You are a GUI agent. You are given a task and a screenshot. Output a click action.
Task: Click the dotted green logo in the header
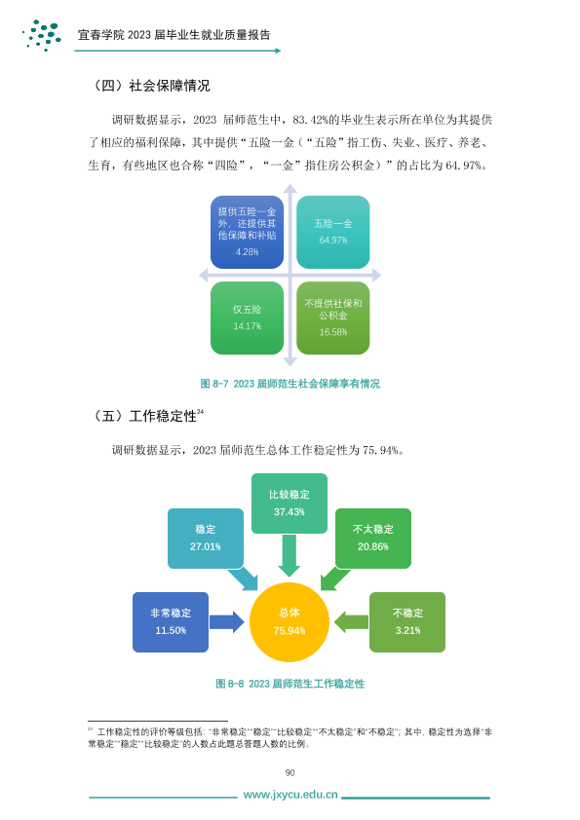(x=42, y=35)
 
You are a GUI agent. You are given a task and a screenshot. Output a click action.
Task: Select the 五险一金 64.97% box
(x=333, y=232)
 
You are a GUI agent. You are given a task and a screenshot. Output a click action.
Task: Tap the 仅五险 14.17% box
(x=247, y=317)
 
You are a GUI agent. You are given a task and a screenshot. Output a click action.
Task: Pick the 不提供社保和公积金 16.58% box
(x=333, y=317)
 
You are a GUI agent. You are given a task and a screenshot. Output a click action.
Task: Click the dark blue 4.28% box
(x=247, y=232)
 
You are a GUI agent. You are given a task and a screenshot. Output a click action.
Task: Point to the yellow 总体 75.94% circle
(x=290, y=621)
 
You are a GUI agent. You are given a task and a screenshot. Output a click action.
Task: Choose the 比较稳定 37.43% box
(x=290, y=503)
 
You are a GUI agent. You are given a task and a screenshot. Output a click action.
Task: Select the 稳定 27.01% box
(x=206, y=539)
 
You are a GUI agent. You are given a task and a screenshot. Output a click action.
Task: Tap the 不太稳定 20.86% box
(x=373, y=539)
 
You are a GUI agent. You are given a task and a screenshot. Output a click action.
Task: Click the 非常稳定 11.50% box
(x=171, y=622)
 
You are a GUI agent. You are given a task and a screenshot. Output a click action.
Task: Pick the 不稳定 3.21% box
(x=407, y=622)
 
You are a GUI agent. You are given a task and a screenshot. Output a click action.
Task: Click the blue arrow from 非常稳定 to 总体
(x=227, y=621)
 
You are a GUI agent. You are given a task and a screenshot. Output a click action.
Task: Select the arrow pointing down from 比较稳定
(x=289, y=556)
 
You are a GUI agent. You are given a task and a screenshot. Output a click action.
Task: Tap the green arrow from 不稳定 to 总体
(x=351, y=621)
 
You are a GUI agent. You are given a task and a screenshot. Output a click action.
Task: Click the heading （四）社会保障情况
(x=150, y=86)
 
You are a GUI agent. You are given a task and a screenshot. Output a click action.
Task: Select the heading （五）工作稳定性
(x=146, y=416)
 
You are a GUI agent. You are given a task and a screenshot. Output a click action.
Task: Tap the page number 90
(x=290, y=772)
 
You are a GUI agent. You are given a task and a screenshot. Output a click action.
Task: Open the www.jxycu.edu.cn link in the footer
(x=290, y=795)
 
